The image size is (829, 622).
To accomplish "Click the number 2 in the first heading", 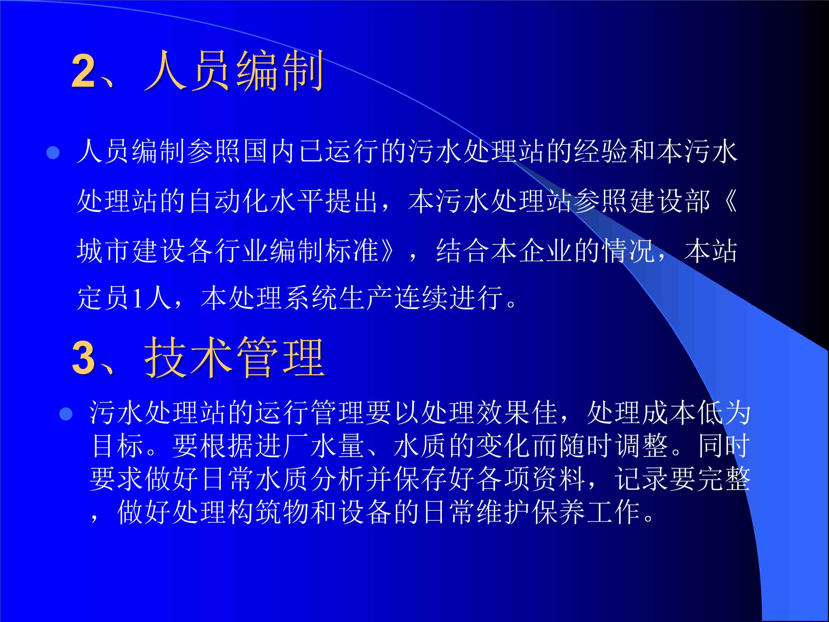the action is click(x=83, y=70).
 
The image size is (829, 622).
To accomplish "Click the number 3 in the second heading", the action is click(x=83, y=357).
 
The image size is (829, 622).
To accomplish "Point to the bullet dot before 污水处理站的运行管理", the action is click(x=66, y=414).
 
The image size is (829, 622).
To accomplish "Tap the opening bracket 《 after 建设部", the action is click(x=730, y=201).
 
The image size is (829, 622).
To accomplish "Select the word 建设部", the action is click(x=669, y=201).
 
